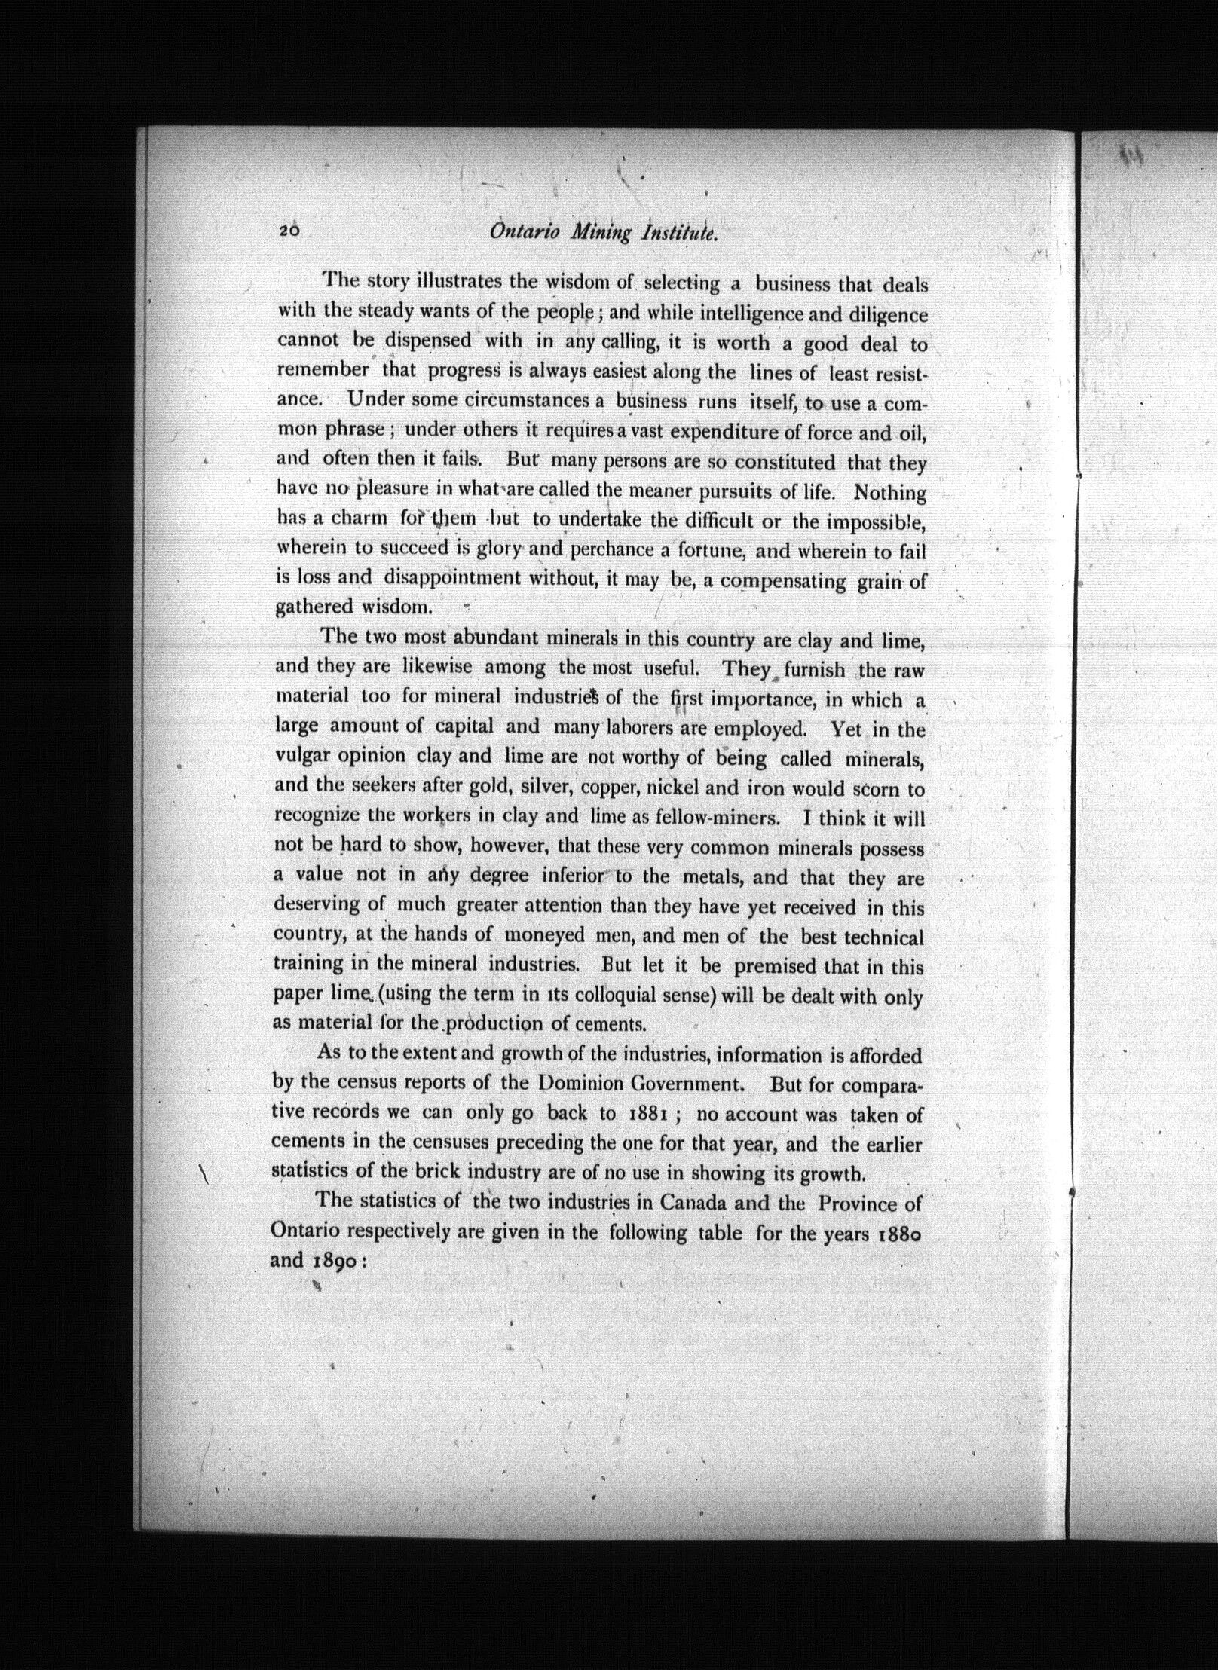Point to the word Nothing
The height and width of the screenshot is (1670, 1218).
(890, 492)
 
